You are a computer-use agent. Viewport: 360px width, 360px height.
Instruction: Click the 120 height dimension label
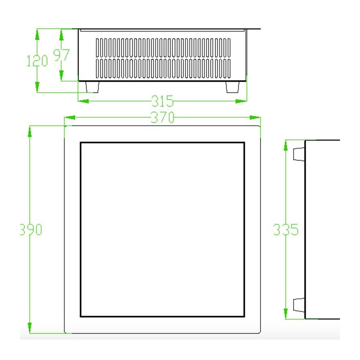pyautogui.click(x=37, y=61)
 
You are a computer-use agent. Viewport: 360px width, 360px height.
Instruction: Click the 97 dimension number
pyautogui.click(x=61, y=55)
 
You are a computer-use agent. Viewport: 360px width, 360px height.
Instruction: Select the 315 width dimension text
pyautogui.click(x=162, y=101)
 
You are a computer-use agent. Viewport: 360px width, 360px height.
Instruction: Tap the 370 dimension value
pyautogui.click(x=162, y=117)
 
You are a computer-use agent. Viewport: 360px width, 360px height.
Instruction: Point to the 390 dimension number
pyautogui.click(x=31, y=229)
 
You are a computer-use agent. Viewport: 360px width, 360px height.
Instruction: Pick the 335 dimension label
pyautogui.click(x=286, y=229)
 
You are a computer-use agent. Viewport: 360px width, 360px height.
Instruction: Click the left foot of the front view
pyautogui.click(x=92, y=87)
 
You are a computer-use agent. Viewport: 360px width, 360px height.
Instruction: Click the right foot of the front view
pyautogui.click(x=232, y=87)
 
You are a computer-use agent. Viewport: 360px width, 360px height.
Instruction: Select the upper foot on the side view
pyautogui.click(x=299, y=154)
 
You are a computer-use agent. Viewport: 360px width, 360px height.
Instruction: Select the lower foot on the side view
pyautogui.click(x=299, y=305)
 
